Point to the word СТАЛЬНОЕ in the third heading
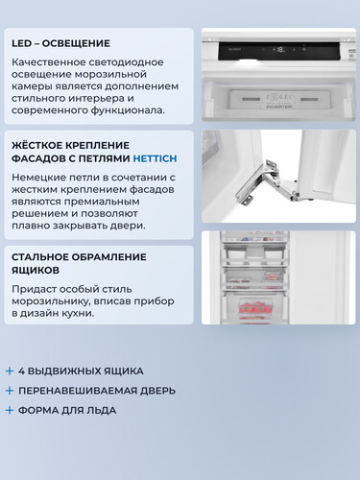[x=47, y=257]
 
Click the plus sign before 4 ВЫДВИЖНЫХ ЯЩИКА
[x=10, y=371]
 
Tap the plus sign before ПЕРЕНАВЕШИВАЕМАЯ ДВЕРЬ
[x=10, y=391]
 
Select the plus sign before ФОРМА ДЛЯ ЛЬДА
[x=10, y=410]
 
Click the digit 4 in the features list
[x=22, y=371]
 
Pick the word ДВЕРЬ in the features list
[x=156, y=391]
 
